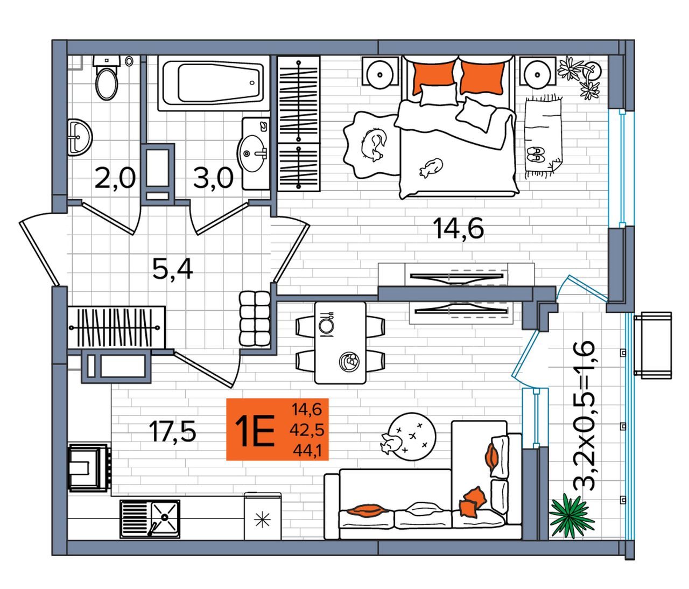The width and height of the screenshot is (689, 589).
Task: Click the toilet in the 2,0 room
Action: click(x=107, y=78)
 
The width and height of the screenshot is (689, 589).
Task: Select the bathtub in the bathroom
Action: click(x=214, y=83)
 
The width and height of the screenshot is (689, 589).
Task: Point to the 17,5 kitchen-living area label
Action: click(x=172, y=431)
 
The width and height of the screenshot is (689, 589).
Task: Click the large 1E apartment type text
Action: click(x=254, y=431)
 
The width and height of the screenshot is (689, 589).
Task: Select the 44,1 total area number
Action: click(x=307, y=451)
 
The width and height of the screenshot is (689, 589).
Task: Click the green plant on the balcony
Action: click(x=571, y=515)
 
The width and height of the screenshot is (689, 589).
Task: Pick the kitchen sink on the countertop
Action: click(x=150, y=518)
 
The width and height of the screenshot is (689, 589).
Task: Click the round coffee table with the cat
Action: click(x=412, y=436)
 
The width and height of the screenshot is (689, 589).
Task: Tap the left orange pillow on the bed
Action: click(x=434, y=78)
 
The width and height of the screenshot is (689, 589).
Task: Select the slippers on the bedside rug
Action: click(x=536, y=154)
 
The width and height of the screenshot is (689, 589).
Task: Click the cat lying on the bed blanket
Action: click(x=431, y=167)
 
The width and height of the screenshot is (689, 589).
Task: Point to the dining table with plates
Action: click(x=340, y=342)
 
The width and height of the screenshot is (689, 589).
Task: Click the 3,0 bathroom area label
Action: click(x=213, y=177)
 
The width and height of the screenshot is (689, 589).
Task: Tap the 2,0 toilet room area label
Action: click(x=115, y=178)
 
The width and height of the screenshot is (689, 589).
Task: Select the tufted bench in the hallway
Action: click(x=255, y=320)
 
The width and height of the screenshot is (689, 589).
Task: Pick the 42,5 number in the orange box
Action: click(x=307, y=430)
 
